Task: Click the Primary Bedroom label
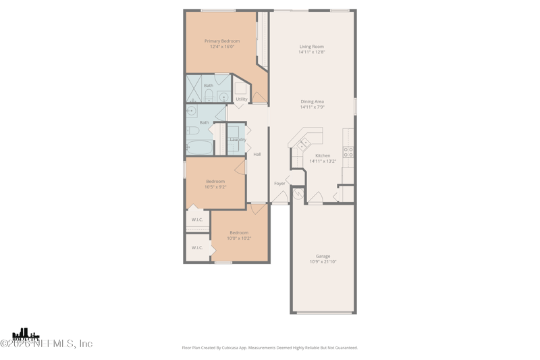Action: (222, 41)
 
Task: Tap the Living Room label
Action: (312, 47)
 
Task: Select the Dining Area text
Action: (313, 102)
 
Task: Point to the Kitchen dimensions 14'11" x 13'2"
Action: (323, 161)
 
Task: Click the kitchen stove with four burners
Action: (348, 152)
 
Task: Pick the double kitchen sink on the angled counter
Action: (304, 144)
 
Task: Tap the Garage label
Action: (323, 256)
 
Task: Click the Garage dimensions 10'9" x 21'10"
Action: (323, 262)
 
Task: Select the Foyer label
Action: (279, 184)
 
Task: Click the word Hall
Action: (257, 155)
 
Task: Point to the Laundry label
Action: (238, 140)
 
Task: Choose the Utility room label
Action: (242, 99)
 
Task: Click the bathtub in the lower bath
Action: (199, 147)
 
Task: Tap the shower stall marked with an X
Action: (194, 88)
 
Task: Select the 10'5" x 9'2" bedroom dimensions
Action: (215, 187)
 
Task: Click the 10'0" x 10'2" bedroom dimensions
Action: (239, 238)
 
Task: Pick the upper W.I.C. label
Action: (197, 220)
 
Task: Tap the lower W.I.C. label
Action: (197, 248)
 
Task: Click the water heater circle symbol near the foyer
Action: (298, 195)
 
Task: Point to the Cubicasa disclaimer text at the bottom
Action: (270, 348)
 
